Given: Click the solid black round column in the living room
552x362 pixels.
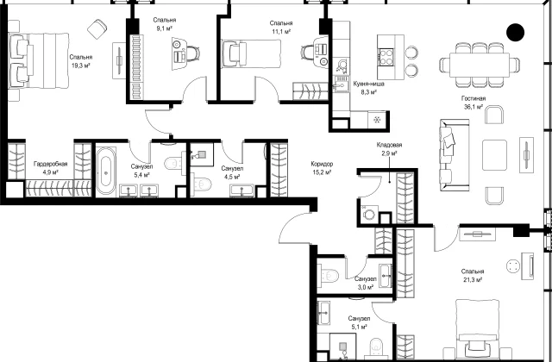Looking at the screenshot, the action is (x=515, y=32).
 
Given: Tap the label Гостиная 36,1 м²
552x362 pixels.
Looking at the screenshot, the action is (x=474, y=103).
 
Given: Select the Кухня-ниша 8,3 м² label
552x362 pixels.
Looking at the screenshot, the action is (x=368, y=88).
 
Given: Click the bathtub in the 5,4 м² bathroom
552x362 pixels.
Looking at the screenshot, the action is (x=106, y=171).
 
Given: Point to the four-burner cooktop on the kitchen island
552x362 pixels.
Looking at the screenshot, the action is (x=386, y=57).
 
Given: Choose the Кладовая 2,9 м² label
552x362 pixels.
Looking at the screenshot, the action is (x=389, y=149).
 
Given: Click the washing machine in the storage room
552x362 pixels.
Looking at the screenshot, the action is (x=369, y=213).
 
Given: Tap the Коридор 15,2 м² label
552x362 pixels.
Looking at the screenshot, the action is (x=322, y=168).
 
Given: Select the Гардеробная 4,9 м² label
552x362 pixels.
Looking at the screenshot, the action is (x=50, y=168).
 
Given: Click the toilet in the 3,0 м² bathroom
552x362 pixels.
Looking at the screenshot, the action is (x=328, y=276).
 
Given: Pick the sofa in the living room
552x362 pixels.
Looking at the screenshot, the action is (x=455, y=155).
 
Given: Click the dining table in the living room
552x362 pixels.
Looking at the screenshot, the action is (x=480, y=64).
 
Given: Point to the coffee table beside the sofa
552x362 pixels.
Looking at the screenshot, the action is (x=494, y=155).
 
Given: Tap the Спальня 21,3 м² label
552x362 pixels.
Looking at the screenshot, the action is (x=473, y=276).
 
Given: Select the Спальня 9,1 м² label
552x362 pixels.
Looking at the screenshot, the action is (x=165, y=24).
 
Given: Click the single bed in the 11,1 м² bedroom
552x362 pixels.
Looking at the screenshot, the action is (x=251, y=53).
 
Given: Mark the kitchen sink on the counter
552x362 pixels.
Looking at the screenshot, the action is (x=341, y=84).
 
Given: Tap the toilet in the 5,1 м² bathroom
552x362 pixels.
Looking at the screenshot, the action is (x=376, y=348).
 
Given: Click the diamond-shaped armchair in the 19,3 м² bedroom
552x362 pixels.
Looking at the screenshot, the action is (x=97, y=28).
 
